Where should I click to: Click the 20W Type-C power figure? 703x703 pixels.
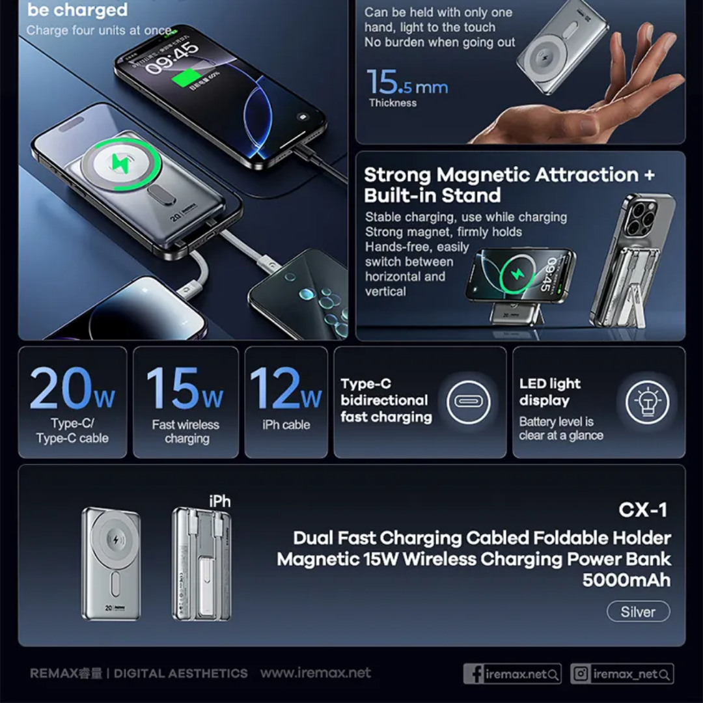tap(72, 389)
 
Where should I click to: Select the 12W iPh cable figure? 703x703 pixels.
tap(286, 389)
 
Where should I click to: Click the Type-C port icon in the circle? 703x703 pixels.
tap(468, 401)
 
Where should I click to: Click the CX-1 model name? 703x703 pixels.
tap(643, 510)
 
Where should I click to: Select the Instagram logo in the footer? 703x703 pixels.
tap(581, 674)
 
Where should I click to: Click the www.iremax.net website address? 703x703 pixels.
tap(316, 672)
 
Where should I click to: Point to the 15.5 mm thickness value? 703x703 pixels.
tap(407, 83)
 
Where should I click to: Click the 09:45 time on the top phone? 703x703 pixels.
tap(172, 58)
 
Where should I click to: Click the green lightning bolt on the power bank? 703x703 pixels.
tap(120, 162)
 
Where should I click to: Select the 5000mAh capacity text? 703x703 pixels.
tap(626, 579)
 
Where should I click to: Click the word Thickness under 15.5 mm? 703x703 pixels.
tap(393, 103)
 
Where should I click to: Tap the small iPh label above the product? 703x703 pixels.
tap(220, 501)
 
